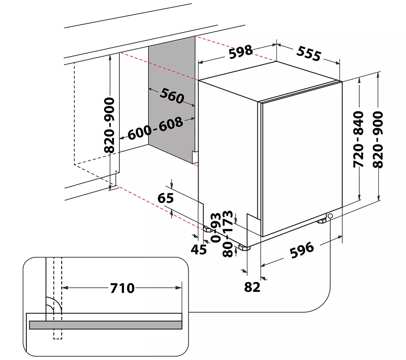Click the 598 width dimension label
tap(240, 52)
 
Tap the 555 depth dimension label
tap(309, 54)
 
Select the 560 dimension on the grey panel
tap(172, 96)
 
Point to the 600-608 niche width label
tap(155, 129)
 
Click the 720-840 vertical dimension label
tap(359, 140)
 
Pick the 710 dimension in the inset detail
tap(122, 288)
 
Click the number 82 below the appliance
tap(252, 287)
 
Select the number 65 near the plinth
tap(166, 198)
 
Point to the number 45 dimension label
tap(199, 250)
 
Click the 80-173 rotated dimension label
tap(228, 234)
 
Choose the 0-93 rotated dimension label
tap(216, 228)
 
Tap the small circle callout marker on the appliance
tap(330, 216)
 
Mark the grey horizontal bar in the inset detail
tap(106, 325)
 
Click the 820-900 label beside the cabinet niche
tap(109, 125)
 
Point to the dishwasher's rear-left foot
tap(208, 230)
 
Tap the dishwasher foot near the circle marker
tap(321, 221)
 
